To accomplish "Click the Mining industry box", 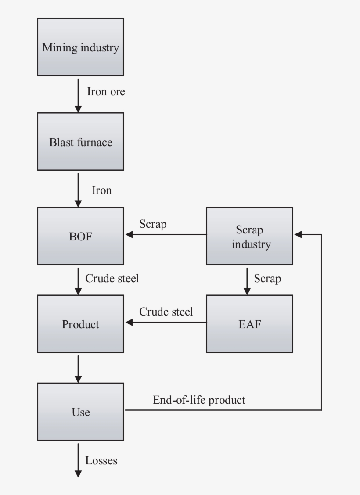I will pos(80,47).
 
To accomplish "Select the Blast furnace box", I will pos(80,142).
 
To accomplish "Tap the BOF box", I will pos(80,236).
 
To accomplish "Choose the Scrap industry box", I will pos(249,236).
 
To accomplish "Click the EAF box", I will pos(249,324).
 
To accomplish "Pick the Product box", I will pos(80,324).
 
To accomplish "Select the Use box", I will pos(80,412).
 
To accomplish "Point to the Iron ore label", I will pos(106,92).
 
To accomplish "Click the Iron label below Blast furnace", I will pos(101,190).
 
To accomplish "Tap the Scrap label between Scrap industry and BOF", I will pos(153,224).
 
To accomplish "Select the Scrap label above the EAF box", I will pos(267,279).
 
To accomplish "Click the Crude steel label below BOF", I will pos(112,278).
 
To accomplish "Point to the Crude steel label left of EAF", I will pos(166,312).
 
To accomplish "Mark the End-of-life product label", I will pos(199,400).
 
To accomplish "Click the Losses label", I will pos(101,460).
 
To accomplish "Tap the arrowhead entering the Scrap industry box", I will pos(298,235).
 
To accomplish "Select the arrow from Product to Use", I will pos(78,369).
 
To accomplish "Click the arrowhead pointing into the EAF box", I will pos(247,291).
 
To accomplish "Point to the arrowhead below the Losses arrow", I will pos(78,474).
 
